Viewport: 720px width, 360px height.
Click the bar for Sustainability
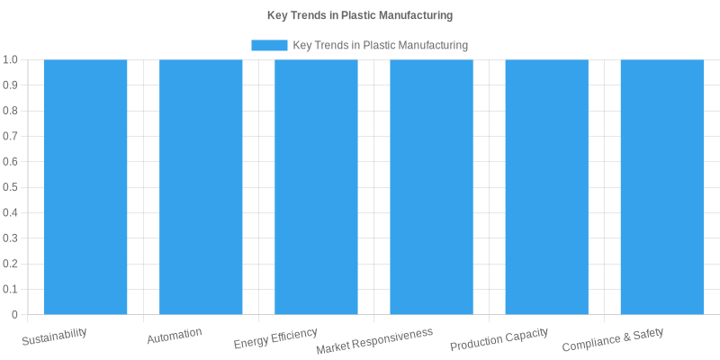click(85, 187)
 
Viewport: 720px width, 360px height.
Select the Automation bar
click(201, 187)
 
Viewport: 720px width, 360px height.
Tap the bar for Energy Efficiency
click(316, 187)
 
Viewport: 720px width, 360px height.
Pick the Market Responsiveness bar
click(431, 187)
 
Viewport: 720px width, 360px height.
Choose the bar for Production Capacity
click(546, 187)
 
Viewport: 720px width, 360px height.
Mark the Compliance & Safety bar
click(661, 187)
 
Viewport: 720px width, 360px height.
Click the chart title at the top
click(360, 15)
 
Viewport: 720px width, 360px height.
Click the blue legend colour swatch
click(269, 45)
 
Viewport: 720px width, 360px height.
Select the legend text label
click(381, 45)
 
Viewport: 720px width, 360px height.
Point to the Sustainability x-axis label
click(55, 337)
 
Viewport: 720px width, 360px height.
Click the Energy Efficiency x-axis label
click(275, 338)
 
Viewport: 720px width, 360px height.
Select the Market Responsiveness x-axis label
click(374, 341)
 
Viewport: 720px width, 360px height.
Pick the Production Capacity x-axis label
click(499, 339)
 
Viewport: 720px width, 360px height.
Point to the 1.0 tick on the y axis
click(11, 59)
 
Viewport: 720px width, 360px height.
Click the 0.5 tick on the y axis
click(11, 187)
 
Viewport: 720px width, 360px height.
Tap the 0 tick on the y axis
click(15, 315)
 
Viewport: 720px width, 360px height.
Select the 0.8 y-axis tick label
click(11, 111)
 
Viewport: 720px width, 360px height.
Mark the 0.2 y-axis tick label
click(11, 264)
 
